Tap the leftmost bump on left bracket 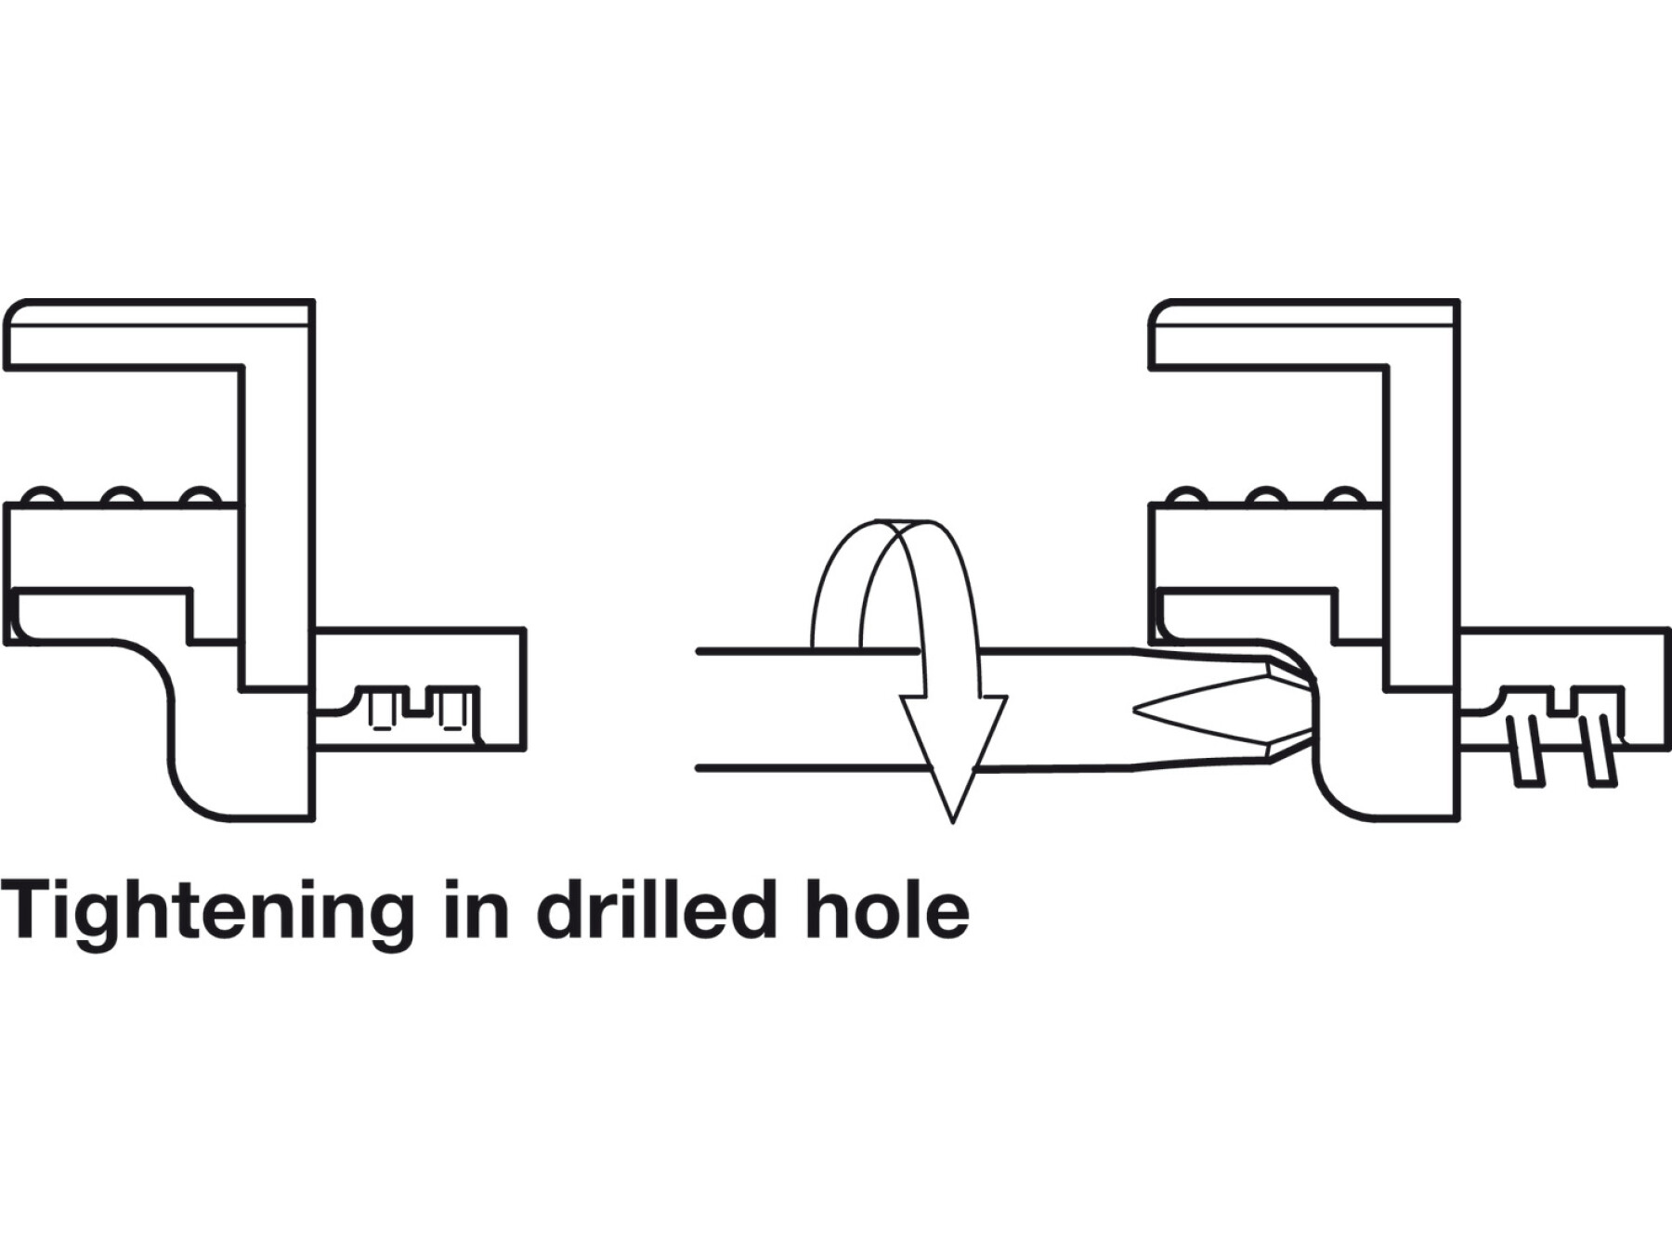pos(42,496)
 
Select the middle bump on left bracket pos(121,496)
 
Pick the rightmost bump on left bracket pos(199,496)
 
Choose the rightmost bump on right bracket pos(1343,496)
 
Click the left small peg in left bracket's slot pos(380,710)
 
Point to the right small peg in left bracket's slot pos(451,710)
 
